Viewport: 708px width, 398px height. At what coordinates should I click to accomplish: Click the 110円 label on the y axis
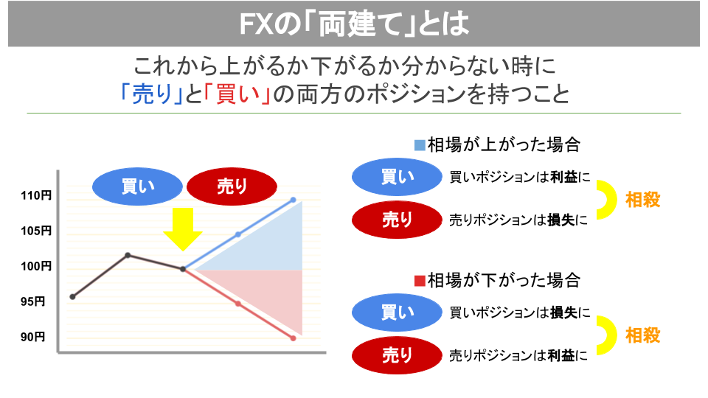tap(36, 195)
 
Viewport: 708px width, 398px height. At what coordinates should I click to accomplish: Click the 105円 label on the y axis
tap(36, 231)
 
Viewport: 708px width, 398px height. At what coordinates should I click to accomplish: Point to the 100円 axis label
tap(36, 266)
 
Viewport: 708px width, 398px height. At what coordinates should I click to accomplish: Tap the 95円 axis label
tap(32, 301)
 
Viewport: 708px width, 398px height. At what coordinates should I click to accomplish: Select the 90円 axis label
tap(32, 337)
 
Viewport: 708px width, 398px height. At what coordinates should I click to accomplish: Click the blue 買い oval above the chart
tap(137, 186)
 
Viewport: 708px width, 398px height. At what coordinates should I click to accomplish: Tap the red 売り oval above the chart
tap(232, 186)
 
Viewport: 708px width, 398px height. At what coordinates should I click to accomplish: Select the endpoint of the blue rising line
tap(293, 200)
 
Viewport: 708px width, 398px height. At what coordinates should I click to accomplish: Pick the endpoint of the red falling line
tap(293, 338)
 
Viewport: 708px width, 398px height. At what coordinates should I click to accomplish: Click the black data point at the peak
tap(128, 256)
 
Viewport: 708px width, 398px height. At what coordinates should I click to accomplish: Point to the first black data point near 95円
tap(73, 296)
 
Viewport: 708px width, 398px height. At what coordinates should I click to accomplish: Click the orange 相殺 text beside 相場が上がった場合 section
tap(642, 200)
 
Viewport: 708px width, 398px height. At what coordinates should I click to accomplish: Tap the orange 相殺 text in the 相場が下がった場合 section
tap(642, 335)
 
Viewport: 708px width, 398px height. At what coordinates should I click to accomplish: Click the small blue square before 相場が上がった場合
tap(420, 145)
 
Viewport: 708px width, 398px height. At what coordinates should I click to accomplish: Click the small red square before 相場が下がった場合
tap(420, 281)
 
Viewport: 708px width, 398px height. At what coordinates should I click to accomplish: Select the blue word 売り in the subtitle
tap(152, 94)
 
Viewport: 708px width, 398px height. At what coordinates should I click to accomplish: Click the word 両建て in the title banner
tap(359, 24)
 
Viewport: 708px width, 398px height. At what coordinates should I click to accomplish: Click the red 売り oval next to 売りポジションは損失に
tap(397, 220)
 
